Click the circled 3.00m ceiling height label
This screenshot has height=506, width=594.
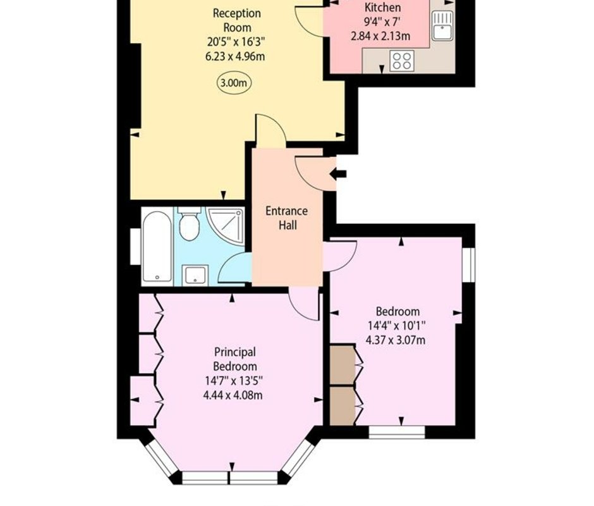234,83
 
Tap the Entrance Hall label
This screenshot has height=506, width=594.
287,218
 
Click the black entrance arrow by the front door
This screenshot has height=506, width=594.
338,174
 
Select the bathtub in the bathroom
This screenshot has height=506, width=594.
157,247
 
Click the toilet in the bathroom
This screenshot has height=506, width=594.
189,224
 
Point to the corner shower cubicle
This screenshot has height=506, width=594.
226,226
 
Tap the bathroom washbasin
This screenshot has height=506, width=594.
195,275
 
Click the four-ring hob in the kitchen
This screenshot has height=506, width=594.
402,61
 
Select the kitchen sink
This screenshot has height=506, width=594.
442,25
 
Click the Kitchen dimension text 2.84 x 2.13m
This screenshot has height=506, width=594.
380,37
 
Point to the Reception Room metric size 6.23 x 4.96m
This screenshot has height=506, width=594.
235,56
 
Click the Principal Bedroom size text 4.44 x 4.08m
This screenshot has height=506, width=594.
233,395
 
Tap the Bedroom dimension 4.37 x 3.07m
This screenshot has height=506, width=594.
396,340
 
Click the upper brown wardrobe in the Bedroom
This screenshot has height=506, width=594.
342,365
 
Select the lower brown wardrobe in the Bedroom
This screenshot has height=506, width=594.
342,406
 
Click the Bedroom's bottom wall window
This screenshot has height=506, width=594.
397,433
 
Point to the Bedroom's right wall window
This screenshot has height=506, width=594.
469,265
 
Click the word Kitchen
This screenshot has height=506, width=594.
382,7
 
